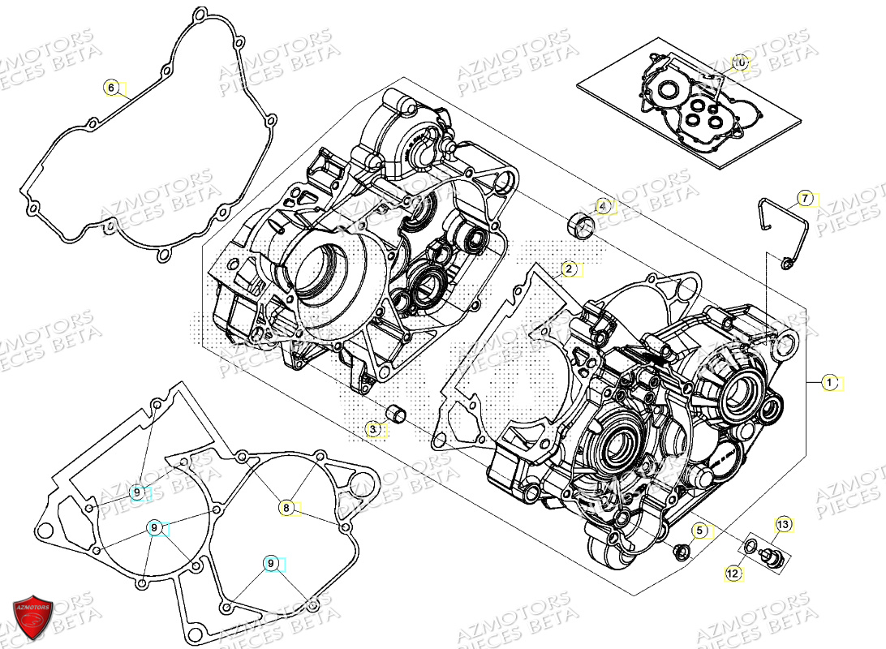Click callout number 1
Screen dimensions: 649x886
click(x=828, y=382)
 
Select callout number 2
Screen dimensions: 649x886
click(x=569, y=269)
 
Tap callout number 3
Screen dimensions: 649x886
click(x=372, y=429)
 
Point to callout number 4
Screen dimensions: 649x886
click(x=601, y=206)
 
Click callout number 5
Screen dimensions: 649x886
click(x=699, y=531)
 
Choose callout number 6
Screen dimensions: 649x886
click(x=112, y=88)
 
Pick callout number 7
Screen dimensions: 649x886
click(x=805, y=198)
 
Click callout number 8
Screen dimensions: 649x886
click(x=286, y=508)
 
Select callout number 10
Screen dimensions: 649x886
click(x=739, y=62)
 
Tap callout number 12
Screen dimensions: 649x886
click(x=733, y=573)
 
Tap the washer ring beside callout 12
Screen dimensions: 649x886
click(x=752, y=545)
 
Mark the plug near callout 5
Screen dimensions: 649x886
click(x=680, y=553)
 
